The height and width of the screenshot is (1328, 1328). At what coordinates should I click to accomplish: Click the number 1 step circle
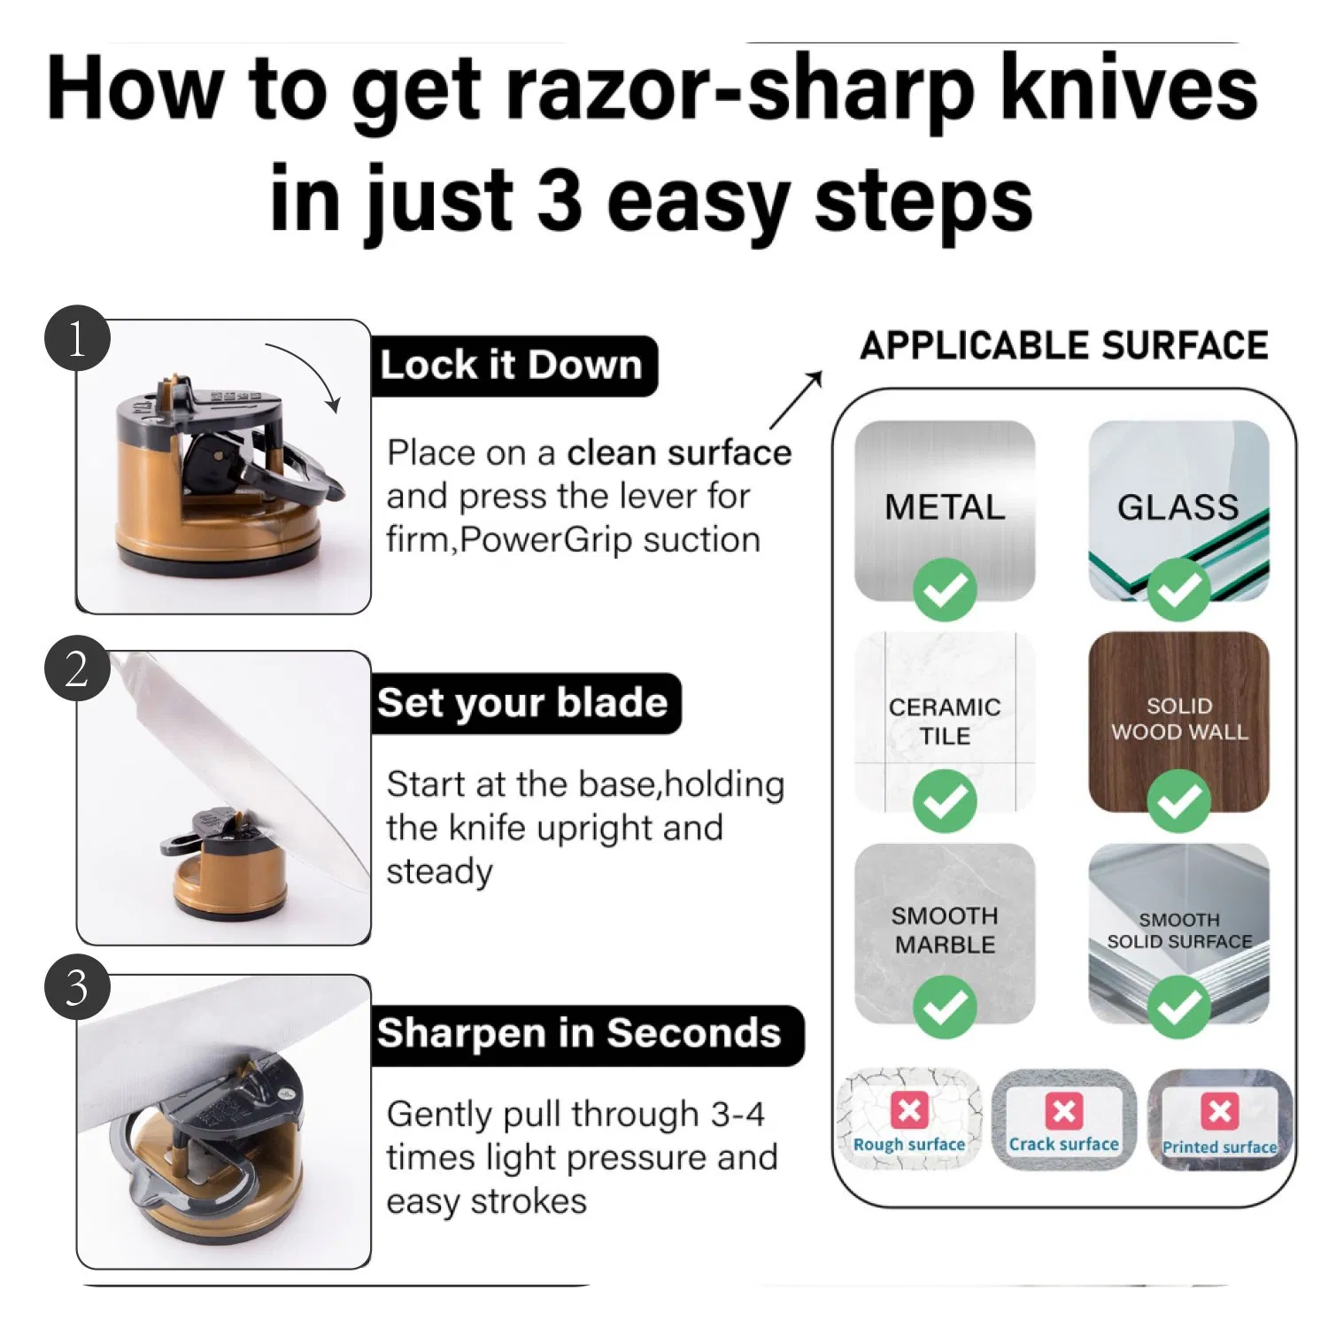coord(77,338)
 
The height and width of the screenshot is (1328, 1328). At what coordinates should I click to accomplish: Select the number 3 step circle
coord(77,986)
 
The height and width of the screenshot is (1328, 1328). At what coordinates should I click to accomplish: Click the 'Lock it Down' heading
coord(512,365)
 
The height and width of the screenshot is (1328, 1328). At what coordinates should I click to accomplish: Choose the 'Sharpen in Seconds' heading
coord(580,1033)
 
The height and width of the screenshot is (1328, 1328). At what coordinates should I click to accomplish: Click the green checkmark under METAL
coord(945,590)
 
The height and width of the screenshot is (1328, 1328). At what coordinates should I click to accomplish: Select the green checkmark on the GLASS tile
coord(1178,590)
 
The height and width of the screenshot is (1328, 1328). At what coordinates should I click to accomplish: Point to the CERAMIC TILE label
coord(945,721)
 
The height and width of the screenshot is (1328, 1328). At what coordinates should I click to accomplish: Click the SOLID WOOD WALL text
coord(1179,718)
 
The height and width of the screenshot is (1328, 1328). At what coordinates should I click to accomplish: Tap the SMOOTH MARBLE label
coord(945,930)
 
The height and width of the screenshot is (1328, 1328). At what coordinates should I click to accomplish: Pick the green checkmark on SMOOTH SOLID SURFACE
coord(1178,1007)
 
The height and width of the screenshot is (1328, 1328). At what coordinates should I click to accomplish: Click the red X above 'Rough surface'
coord(909,1110)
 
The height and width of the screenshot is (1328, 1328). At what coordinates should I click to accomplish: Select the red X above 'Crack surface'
coord(1063,1110)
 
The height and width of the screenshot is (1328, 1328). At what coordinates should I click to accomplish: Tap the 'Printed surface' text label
coord(1219,1147)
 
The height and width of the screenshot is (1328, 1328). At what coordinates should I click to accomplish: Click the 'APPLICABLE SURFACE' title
coord(1064,345)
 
